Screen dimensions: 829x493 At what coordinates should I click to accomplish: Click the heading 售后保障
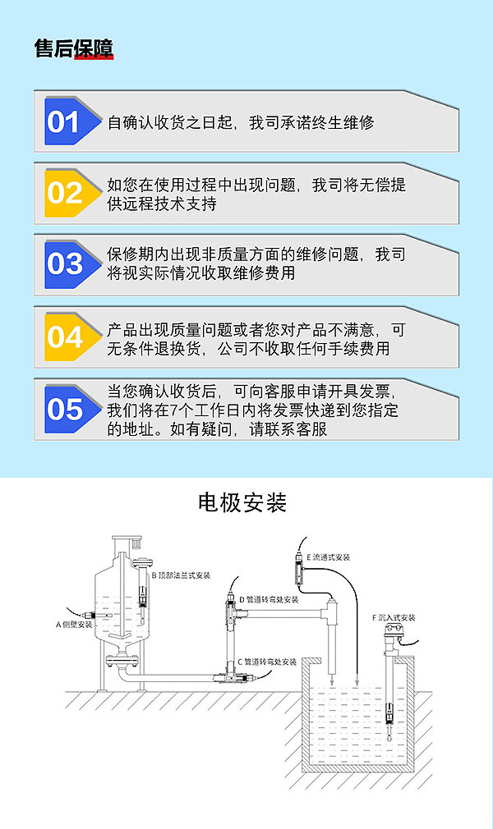(x=74, y=48)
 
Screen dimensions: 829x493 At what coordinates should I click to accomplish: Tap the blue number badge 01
(x=64, y=122)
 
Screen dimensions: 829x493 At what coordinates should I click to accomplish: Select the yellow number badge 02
(x=64, y=193)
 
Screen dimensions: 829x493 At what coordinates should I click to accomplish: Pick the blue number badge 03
(x=64, y=264)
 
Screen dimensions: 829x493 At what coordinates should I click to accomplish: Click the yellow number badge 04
(x=64, y=337)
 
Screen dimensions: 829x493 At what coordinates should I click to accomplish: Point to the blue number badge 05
(x=64, y=408)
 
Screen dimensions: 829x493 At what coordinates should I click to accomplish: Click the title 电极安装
(x=242, y=502)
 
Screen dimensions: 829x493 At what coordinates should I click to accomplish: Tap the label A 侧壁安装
(x=74, y=625)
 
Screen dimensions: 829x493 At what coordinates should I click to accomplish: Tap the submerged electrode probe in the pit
(x=388, y=709)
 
